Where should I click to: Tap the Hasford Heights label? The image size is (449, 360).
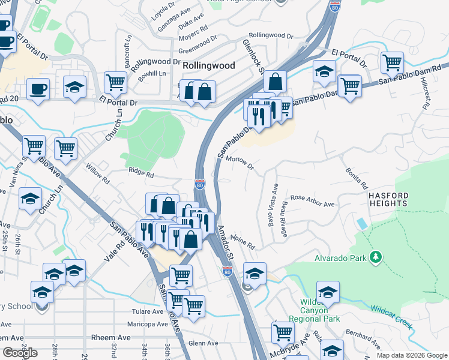pyautogui.click(x=388, y=200)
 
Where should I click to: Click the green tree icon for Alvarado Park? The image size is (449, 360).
pyautogui.click(x=376, y=257)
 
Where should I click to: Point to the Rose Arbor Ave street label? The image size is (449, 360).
pyautogui.click(x=312, y=200)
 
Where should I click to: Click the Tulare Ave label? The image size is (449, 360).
pyautogui.click(x=147, y=311)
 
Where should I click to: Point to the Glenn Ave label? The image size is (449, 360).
pyautogui.click(x=203, y=343)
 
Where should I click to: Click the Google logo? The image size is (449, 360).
pyautogui.click(x=20, y=353)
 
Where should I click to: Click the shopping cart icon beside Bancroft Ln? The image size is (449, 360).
pyautogui.click(x=115, y=82)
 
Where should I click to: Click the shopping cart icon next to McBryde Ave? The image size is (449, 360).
pyautogui.click(x=282, y=331)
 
